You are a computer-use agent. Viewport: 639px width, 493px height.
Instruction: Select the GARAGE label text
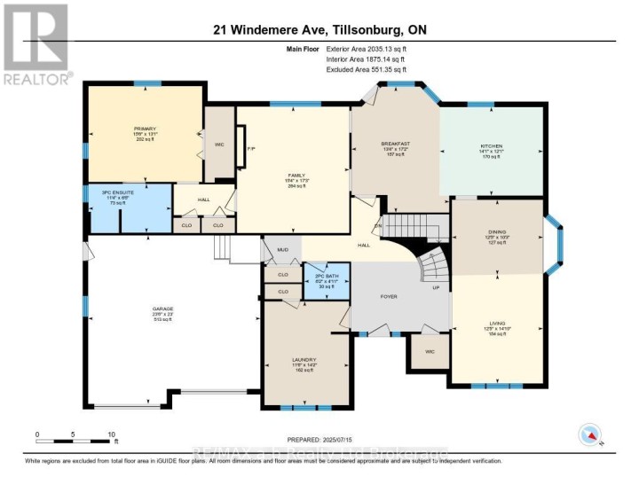coord(162,309)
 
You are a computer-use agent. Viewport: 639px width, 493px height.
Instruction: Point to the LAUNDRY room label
coord(304,360)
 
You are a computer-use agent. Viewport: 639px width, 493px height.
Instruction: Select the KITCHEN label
coord(492,145)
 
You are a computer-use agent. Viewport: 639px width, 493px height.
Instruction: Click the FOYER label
coord(389,295)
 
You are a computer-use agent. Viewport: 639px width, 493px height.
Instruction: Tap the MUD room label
coord(284,251)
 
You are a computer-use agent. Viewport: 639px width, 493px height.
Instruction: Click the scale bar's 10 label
coord(111,434)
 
